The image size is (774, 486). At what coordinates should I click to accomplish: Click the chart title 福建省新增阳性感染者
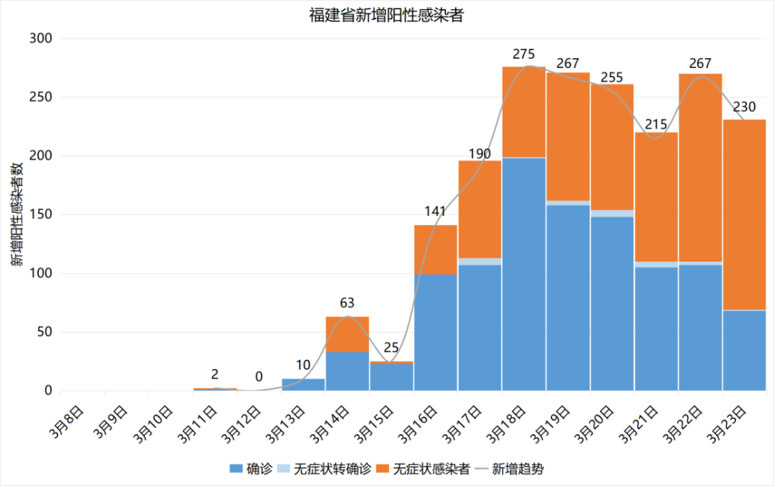pyautogui.click(x=386, y=15)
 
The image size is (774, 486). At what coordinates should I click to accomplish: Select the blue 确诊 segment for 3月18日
pyautogui.click(x=524, y=274)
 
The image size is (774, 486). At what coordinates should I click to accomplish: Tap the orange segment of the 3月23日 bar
pyautogui.click(x=745, y=214)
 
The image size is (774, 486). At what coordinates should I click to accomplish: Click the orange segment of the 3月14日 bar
pyautogui.click(x=347, y=334)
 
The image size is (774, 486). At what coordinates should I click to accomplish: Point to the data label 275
pyautogui.click(x=524, y=54)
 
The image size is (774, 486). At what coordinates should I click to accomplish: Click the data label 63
pyautogui.click(x=347, y=304)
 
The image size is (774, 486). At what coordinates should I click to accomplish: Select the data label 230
pyautogui.click(x=745, y=107)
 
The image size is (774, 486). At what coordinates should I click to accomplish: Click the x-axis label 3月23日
pyautogui.click(x=731, y=418)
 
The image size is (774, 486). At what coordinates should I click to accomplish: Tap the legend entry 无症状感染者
pyautogui.click(x=430, y=469)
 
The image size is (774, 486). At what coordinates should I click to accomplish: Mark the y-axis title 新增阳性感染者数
pyautogui.click(x=17, y=214)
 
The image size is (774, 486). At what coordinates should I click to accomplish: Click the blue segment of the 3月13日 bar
pyautogui.click(x=303, y=385)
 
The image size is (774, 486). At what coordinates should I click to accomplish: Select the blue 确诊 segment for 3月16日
pyautogui.click(x=436, y=333)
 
